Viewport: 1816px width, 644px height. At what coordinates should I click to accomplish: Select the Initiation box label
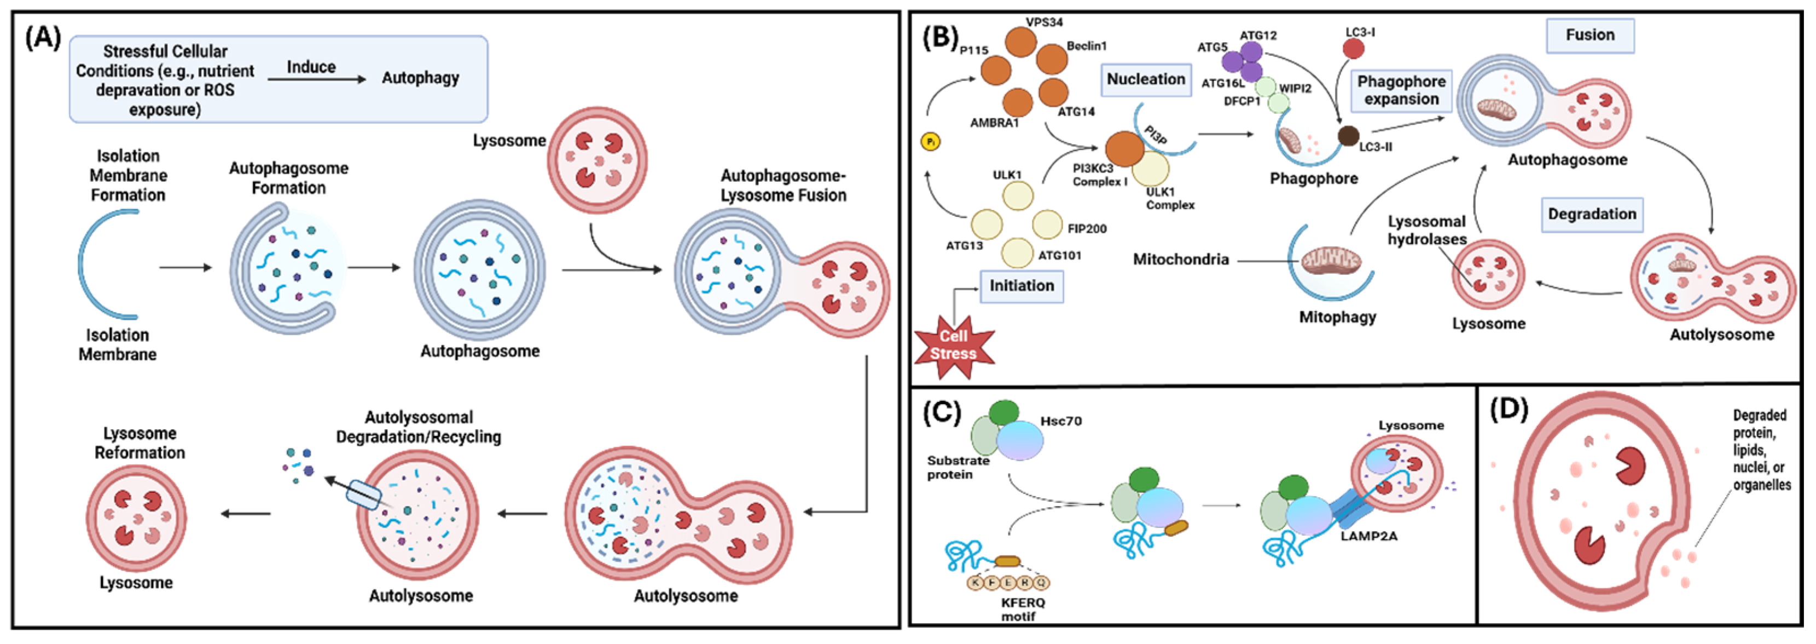coord(1022,286)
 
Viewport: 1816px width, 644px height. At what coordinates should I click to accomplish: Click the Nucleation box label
coord(1146,79)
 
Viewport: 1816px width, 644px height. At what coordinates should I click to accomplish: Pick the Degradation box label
coord(1592,215)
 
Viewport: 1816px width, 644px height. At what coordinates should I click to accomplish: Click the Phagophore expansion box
coord(1401,90)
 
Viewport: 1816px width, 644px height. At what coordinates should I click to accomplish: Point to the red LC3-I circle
coord(1353,49)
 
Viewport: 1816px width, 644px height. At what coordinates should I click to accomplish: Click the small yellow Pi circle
coord(931,142)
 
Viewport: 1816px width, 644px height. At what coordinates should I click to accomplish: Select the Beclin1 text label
coord(1086,47)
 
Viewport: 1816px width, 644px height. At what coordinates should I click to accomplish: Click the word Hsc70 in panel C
coord(1060,422)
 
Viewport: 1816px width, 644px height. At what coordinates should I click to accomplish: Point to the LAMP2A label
coord(1368,536)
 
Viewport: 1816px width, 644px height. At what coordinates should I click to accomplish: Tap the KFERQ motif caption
coord(1023,610)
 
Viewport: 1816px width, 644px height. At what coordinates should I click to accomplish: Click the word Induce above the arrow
coord(311,67)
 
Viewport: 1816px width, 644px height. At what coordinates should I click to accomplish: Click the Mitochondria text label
coord(1181,260)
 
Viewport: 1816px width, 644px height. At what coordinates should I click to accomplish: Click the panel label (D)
coord(1508,409)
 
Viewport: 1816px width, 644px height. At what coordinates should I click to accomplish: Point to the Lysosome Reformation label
coord(140,443)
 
